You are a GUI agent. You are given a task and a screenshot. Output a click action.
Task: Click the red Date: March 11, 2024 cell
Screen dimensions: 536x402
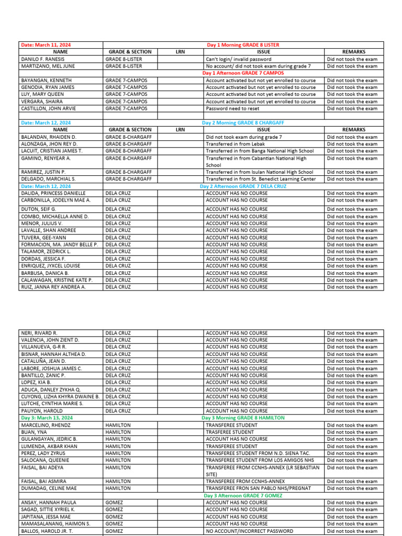point(46,45)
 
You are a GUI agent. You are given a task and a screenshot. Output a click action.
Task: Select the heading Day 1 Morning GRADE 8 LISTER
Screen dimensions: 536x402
point(243,45)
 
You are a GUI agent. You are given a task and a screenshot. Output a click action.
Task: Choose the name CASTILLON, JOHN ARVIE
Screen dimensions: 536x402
point(48,108)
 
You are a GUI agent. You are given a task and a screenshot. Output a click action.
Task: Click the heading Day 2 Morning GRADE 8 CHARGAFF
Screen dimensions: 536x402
point(243,122)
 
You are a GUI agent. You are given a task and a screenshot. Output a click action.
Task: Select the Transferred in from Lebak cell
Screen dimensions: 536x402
point(235,144)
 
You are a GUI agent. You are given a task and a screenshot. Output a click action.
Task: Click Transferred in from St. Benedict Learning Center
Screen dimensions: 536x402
point(261,179)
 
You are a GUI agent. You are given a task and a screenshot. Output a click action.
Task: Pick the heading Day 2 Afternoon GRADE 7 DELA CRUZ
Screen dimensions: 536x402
point(243,186)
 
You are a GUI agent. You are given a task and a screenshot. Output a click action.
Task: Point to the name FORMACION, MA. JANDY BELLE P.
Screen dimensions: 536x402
point(59,244)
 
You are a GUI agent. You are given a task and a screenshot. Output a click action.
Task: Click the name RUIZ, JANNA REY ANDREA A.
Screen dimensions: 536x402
point(53,287)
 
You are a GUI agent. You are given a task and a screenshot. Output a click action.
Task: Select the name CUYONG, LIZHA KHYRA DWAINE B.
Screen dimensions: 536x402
point(60,397)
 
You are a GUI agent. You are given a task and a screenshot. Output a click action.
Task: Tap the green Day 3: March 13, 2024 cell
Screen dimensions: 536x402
point(47,418)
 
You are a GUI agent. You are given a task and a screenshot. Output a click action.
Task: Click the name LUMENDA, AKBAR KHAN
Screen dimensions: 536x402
point(49,446)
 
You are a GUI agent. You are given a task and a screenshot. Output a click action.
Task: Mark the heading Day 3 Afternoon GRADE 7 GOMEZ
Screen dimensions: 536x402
point(244,495)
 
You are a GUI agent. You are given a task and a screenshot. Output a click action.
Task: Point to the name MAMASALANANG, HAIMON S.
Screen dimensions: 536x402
point(55,523)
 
